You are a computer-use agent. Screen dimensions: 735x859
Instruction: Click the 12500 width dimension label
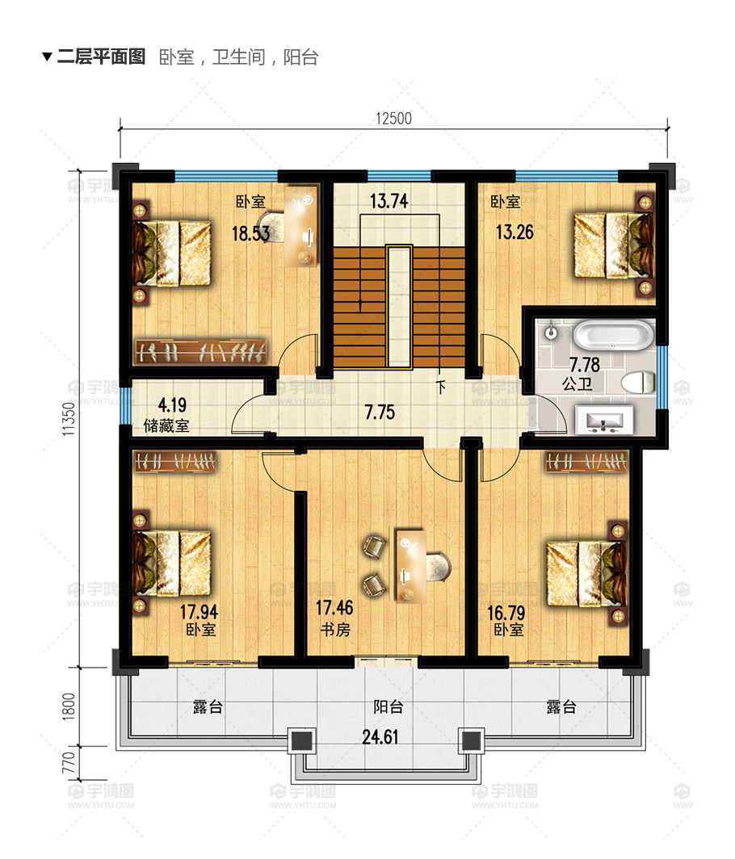[393, 119]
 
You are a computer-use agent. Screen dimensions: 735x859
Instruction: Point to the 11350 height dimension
[68, 419]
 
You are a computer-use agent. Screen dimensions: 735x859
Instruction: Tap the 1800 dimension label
[68, 706]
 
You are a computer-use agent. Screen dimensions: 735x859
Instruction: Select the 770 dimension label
[68, 763]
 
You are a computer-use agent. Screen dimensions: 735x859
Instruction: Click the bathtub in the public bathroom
[613, 335]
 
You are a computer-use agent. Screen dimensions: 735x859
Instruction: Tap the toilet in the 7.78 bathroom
[639, 382]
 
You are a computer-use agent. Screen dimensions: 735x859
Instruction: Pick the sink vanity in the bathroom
[604, 420]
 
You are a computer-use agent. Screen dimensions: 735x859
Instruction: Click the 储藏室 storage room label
[166, 425]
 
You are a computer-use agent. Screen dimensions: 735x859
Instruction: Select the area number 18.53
[250, 234]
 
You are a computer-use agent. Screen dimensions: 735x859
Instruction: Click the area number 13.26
[514, 233]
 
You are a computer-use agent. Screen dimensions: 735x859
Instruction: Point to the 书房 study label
[335, 630]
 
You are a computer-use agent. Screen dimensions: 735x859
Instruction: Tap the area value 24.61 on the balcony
[380, 737]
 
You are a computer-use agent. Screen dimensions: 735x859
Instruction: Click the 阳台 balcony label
[388, 706]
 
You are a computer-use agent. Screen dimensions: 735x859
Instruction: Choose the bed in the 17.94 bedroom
[172, 562]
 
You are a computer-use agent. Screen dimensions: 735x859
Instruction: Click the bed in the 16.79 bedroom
[587, 573]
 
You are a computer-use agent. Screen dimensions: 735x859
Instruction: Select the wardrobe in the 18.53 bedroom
[201, 352]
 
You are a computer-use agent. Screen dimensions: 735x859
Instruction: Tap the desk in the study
[410, 565]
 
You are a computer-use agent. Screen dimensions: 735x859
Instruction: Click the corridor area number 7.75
[380, 412]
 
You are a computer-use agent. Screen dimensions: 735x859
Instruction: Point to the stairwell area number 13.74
[389, 201]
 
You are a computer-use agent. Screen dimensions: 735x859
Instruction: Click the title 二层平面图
[102, 57]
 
